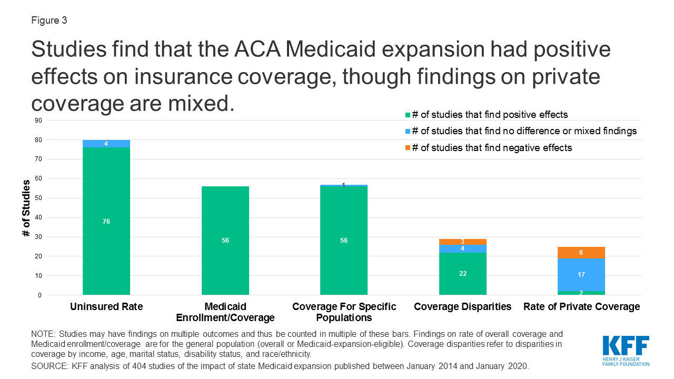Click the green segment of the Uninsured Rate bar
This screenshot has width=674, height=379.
(x=106, y=221)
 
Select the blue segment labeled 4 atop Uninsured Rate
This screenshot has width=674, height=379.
(x=106, y=144)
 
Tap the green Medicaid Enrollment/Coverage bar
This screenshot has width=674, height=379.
(x=225, y=241)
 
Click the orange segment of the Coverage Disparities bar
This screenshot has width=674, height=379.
(x=463, y=242)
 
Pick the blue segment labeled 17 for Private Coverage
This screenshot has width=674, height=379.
(x=581, y=275)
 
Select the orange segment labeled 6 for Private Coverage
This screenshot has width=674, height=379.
(x=581, y=253)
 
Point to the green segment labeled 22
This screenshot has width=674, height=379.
(x=463, y=274)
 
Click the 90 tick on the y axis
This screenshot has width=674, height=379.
(x=38, y=121)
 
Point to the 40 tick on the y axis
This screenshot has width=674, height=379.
(x=38, y=217)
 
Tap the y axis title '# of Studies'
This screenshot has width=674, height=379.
(x=26, y=208)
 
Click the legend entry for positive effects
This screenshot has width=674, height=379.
(x=490, y=114)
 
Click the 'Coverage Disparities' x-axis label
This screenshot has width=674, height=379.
(x=463, y=307)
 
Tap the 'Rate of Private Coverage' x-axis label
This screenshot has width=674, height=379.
(x=581, y=307)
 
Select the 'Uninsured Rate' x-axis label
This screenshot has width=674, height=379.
(x=106, y=307)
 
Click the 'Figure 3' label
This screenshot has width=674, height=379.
(x=48, y=21)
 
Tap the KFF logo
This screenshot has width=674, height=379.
(x=626, y=350)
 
